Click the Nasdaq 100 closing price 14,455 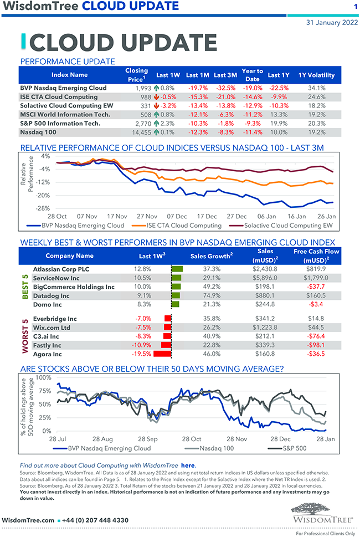(x=139, y=132)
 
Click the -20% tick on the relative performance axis (x=44, y=195)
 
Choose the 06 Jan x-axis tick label (x=268, y=216)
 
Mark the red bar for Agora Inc (x=162, y=354)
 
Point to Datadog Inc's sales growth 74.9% (x=208, y=295)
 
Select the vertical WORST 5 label (x=25, y=336)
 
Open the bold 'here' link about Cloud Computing (x=188, y=465)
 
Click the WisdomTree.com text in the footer (x=28, y=520)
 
